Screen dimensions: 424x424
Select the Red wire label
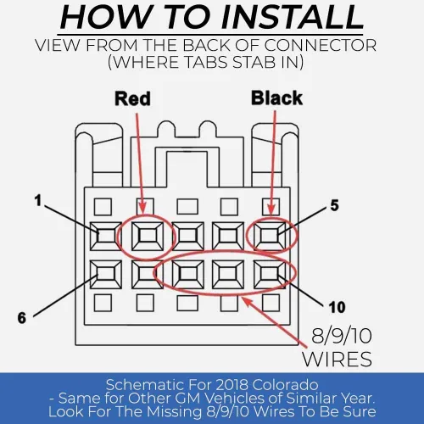pyautogui.click(x=132, y=98)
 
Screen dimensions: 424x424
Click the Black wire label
pyautogui.click(x=277, y=98)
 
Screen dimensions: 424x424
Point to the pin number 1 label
pyautogui.click(x=38, y=201)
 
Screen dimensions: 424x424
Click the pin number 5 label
pyautogui.click(x=334, y=205)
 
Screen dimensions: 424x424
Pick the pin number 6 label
pyautogui.click(x=22, y=318)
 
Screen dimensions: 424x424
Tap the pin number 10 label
pyautogui.click(x=337, y=307)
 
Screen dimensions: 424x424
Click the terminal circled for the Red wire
pyautogui.click(x=148, y=236)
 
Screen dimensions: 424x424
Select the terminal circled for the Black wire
pyautogui.click(x=270, y=236)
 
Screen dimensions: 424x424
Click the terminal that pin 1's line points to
pyautogui.click(x=106, y=236)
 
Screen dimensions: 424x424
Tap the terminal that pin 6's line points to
pyautogui.click(x=106, y=274)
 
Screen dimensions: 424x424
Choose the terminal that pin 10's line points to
pyautogui.click(x=270, y=274)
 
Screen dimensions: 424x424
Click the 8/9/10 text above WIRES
pyautogui.click(x=342, y=336)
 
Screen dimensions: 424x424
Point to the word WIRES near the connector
pyautogui.click(x=337, y=359)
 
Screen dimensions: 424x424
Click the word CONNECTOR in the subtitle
pyautogui.click(x=321, y=45)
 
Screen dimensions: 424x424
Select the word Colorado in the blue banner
pyautogui.click(x=285, y=385)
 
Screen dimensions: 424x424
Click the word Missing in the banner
pyautogui.click(x=174, y=411)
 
